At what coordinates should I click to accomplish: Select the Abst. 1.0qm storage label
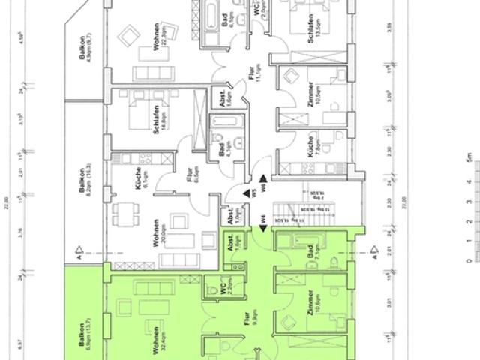point(230,216)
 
